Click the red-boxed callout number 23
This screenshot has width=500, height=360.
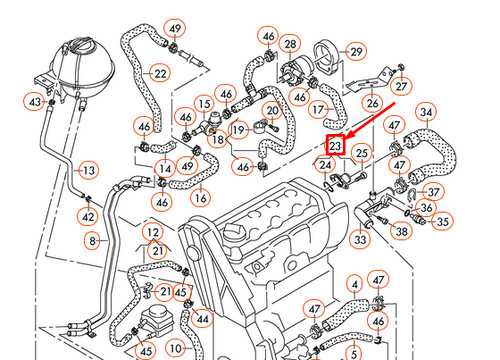[x=336, y=146]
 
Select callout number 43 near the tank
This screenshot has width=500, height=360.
[x=35, y=102]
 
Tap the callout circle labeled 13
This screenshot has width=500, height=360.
[x=87, y=171]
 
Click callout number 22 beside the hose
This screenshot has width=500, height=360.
[x=159, y=73]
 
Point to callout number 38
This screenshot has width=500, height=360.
[x=401, y=231]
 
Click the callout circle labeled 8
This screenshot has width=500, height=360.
[x=93, y=240]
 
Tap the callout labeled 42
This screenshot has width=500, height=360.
[x=89, y=216]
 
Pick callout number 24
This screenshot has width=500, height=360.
[x=325, y=164]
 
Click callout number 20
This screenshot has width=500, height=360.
[x=271, y=110]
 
